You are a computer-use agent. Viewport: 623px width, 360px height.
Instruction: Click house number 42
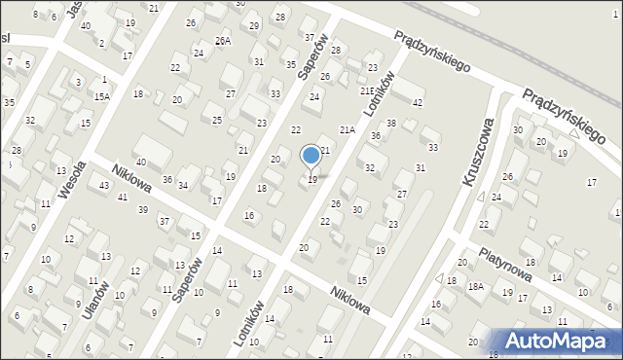click(418, 102)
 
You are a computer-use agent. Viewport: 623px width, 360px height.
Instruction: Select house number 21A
click(347, 129)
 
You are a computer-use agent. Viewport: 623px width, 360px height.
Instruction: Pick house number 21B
click(366, 90)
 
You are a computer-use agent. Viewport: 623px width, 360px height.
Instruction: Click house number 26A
click(223, 41)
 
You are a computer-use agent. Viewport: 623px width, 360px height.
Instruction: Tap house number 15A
click(102, 96)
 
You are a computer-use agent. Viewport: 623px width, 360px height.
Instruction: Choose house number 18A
click(475, 286)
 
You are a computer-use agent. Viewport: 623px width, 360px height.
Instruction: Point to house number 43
click(103, 185)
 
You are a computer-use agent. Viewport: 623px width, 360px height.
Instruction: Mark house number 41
click(122, 198)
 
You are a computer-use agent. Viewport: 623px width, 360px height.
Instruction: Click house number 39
click(142, 210)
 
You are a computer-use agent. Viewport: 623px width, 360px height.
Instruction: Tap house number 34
click(182, 185)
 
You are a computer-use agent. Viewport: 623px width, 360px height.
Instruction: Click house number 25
click(217, 119)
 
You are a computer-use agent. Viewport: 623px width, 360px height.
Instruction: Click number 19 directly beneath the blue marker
click(311, 180)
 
